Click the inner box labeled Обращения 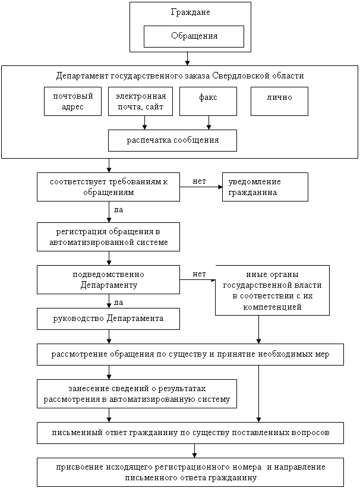pyautogui.click(x=194, y=36)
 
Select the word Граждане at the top pyautogui.click(x=191, y=12)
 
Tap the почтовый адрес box pyautogui.click(x=73, y=102)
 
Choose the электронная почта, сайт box pyautogui.click(x=140, y=102)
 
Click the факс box pyautogui.click(x=208, y=102)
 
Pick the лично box pyautogui.click(x=279, y=102)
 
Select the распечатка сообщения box pyautogui.click(x=172, y=141)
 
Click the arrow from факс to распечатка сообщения pyautogui.click(x=209, y=123)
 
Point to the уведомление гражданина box pyautogui.click(x=265, y=187)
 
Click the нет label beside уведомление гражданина pyautogui.click(x=199, y=181)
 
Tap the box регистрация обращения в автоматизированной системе pyautogui.click(x=108, y=237)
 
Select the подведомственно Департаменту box pyautogui.click(x=108, y=280)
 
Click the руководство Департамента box pyautogui.click(x=108, y=319)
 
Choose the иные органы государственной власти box pyautogui.click(x=272, y=291)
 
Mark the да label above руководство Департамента pyautogui.click(x=119, y=303)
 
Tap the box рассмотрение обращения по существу pyautogui.click(x=191, y=354)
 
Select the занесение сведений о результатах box pyautogui.click(x=137, y=393)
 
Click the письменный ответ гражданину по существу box pyautogui.click(x=191, y=433)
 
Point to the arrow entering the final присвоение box pyautogui.click(x=194, y=451)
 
